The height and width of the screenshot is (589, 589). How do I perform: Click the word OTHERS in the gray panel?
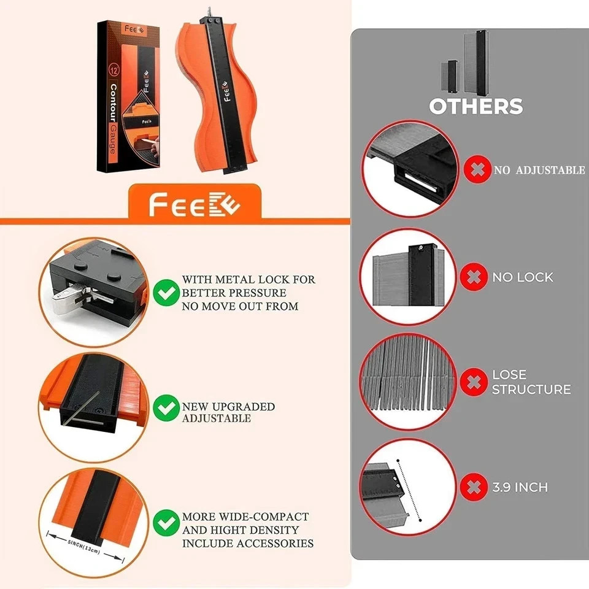pos(476,106)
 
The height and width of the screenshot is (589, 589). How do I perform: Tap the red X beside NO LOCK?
pos(474,277)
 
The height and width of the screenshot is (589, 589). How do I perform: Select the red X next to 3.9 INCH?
pos(474,487)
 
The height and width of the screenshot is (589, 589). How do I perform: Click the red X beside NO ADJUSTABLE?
pos(477,169)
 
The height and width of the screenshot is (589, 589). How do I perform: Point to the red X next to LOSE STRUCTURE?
pos(474,382)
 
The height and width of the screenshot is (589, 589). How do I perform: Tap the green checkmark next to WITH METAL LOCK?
pos(166,293)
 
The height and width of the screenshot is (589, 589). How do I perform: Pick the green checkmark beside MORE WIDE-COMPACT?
pos(166,523)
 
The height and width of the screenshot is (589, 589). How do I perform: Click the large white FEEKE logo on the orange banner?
pos(194,204)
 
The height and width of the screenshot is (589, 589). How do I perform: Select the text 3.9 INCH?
pos(520,487)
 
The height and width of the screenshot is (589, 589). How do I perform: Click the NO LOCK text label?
pos(523,277)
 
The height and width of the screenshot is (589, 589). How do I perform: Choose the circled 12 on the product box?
pos(114,70)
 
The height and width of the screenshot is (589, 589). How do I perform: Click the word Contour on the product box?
pos(114,103)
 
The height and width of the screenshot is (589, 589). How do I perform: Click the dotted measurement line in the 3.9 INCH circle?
pos(409,490)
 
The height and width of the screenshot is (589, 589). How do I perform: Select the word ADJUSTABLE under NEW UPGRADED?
pos(217,418)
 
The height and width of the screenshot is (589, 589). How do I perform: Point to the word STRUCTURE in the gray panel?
pos(531,389)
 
